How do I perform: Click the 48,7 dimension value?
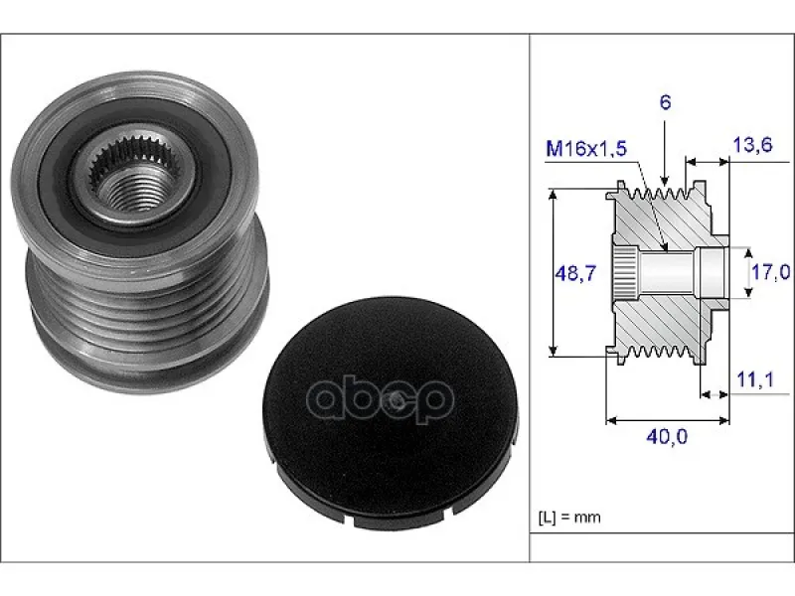575,274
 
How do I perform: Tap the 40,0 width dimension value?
667,436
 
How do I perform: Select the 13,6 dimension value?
752,145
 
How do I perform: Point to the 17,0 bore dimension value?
770,272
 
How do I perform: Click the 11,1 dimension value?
755,379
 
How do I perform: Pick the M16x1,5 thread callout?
586,148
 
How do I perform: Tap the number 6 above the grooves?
665,102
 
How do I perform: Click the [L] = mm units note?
568,518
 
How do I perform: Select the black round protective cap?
390,414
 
